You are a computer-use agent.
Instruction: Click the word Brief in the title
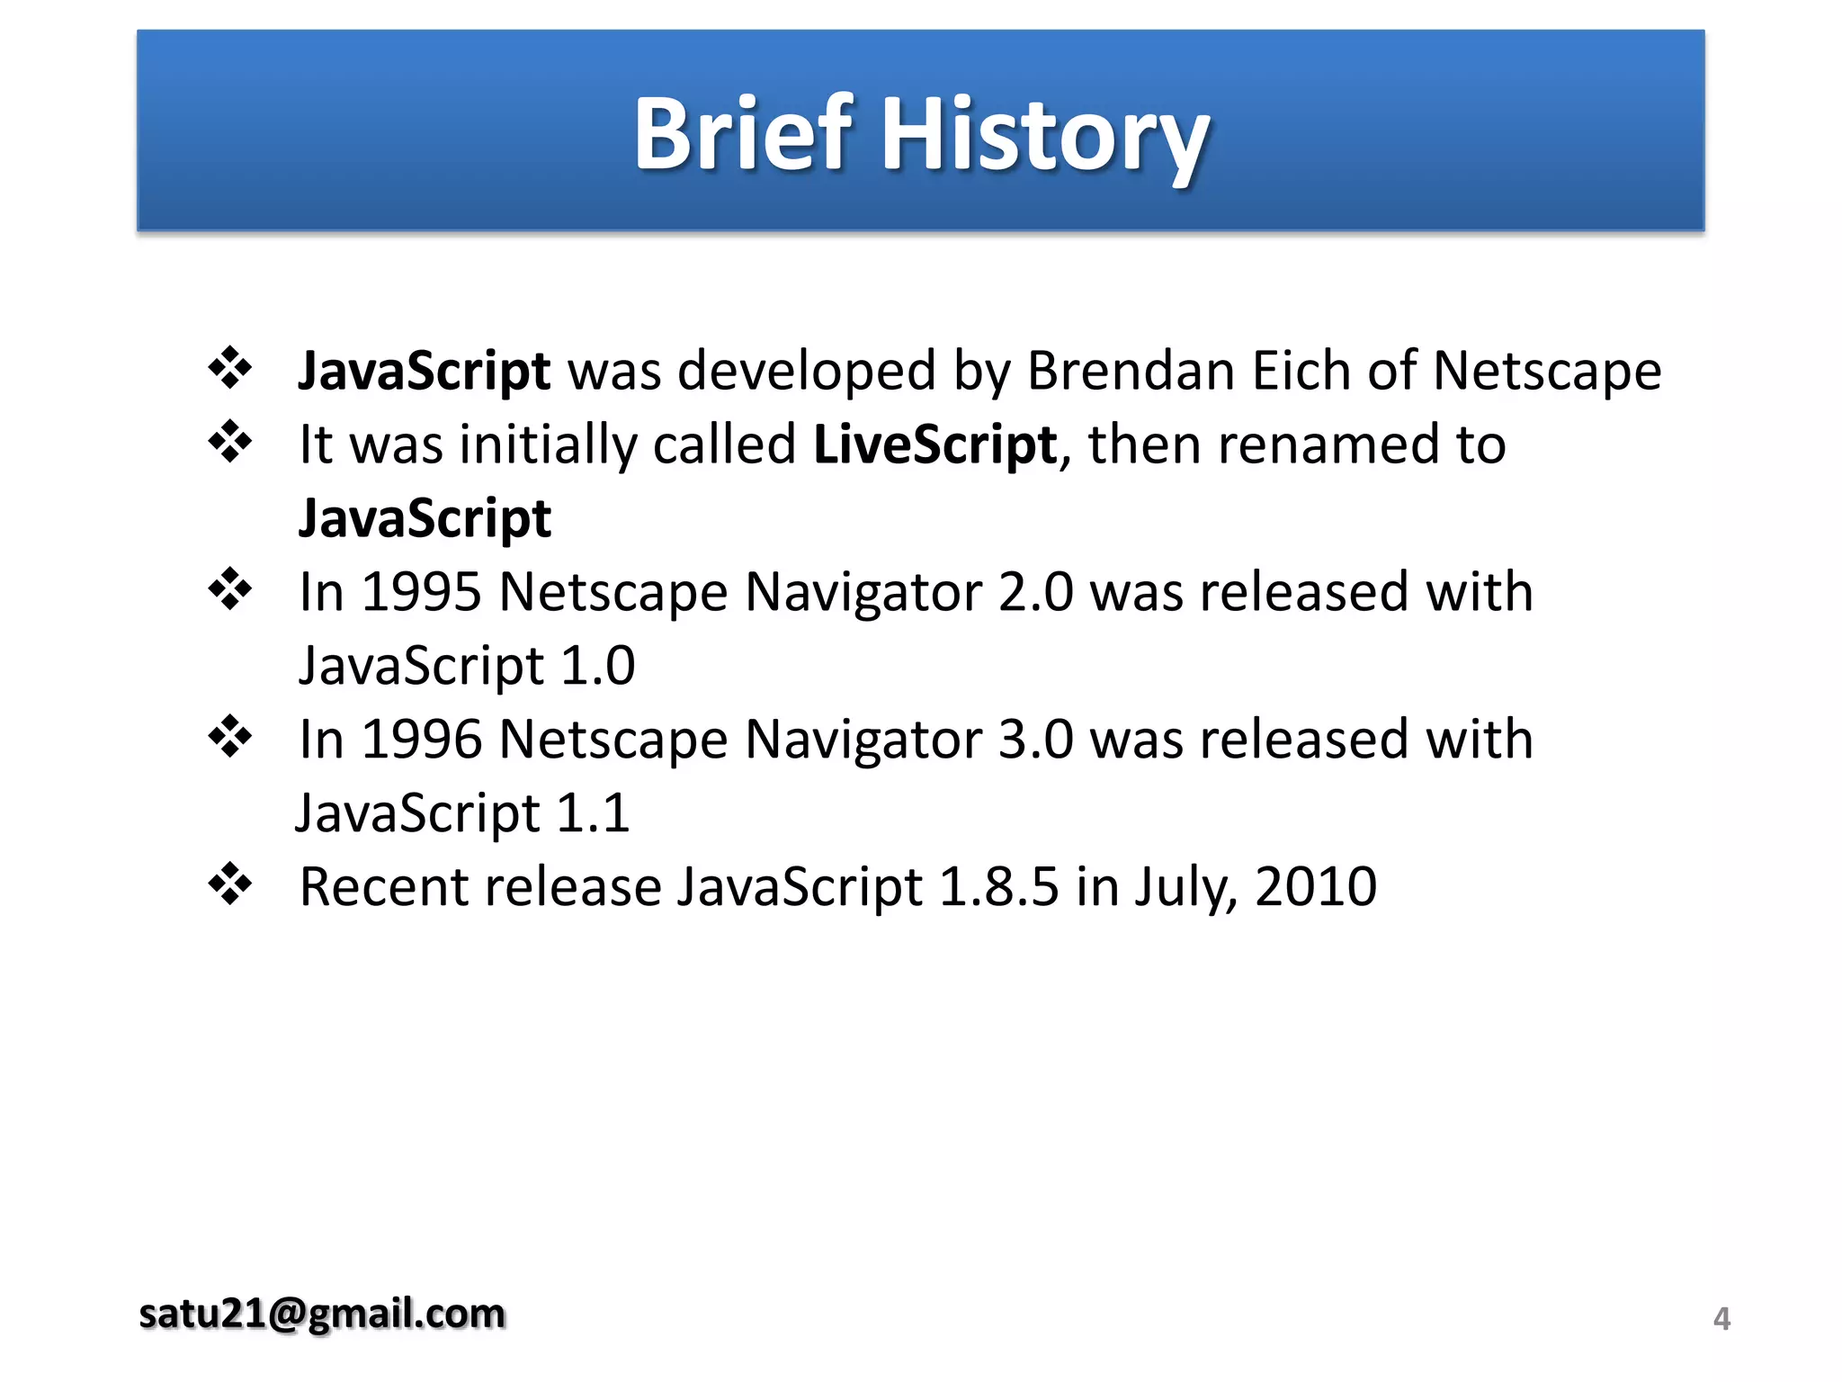coord(743,134)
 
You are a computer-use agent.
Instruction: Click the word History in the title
coord(1045,137)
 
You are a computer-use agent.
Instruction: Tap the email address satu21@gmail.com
coord(322,1314)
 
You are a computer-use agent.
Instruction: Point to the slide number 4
coord(1721,1319)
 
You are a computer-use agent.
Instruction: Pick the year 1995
coord(421,592)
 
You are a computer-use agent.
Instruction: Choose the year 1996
coord(421,740)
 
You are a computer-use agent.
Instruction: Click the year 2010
coord(1315,887)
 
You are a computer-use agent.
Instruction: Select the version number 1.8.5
coord(998,887)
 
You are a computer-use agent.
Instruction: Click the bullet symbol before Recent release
coord(230,884)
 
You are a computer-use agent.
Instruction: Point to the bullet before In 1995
coord(230,589)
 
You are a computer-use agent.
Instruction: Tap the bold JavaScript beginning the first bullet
coord(425,371)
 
